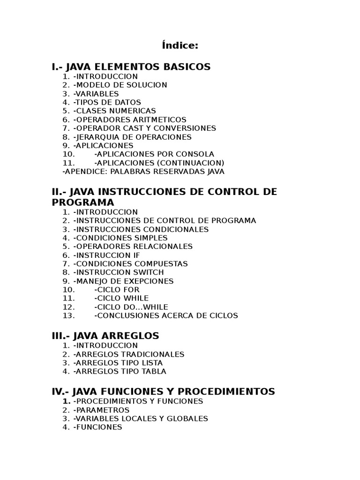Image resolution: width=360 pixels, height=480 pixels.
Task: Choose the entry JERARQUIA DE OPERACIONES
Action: click(x=132, y=137)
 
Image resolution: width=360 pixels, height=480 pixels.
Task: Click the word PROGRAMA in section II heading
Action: click(x=82, y=202)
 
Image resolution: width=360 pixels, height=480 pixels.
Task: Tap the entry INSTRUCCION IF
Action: click(x=107, y=255)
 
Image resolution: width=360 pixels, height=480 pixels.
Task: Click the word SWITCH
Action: click(x=147, y=272)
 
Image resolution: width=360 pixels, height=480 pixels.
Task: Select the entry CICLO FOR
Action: click(x=117, y=290)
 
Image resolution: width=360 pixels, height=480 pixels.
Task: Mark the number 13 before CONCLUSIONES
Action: click(x=68, y=315)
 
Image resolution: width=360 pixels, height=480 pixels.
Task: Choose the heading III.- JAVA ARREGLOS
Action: click(x=105, y=336)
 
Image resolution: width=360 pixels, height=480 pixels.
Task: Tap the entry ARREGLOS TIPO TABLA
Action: click(x=120, y=371)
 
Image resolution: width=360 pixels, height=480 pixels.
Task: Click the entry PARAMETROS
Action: click(x=101, y=410)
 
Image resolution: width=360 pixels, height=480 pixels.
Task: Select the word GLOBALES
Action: click(x=188, y=419)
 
